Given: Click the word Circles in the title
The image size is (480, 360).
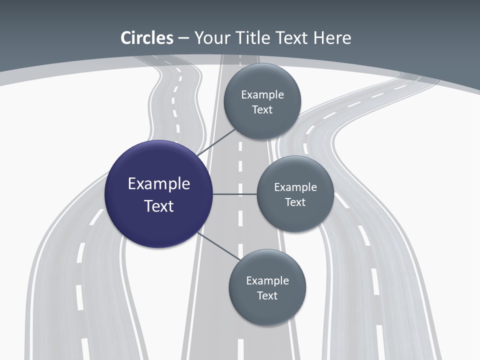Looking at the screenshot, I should coord(146,38).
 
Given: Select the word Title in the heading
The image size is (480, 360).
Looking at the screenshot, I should coord(253,38).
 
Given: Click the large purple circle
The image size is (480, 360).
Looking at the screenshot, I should coord(158,220).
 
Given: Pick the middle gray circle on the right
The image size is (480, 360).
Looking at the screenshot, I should coord(295,215).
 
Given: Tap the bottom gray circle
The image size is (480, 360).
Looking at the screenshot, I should coord(267,310).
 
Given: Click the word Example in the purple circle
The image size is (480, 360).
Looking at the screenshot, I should coord(159,184).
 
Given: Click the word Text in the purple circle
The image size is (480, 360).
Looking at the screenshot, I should coord(159,206).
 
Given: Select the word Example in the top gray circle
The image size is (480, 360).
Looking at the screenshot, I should coord(262,95).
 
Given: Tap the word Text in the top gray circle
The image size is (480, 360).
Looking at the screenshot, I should coord(262,110).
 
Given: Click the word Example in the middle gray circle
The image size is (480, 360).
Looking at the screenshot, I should coord(295,187).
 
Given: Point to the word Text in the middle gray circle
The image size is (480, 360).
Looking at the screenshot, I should coord(295,202).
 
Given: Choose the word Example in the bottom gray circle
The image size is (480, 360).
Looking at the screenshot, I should coord(267,281).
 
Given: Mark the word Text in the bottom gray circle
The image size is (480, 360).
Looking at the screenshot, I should coord(267,296).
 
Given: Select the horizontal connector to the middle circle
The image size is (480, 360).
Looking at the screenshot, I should coord(235,194).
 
